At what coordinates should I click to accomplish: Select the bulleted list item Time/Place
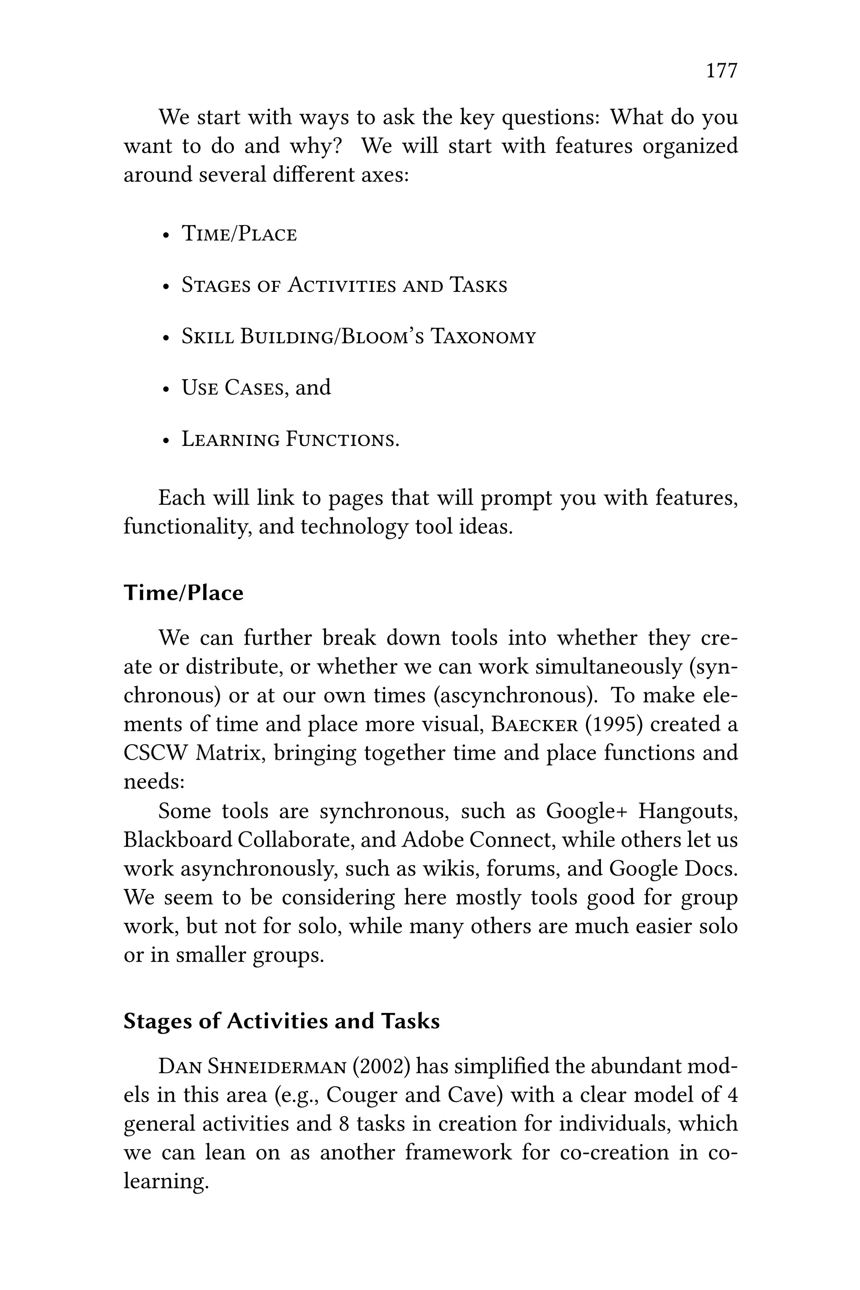coord(239,234)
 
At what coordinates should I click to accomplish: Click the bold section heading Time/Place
coord(183,593)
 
